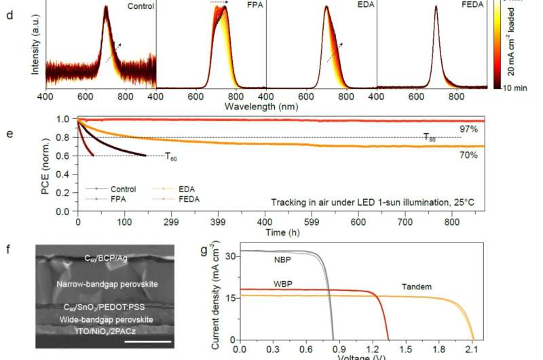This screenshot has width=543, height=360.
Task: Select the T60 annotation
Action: pyautogui.click(x=173, y=156)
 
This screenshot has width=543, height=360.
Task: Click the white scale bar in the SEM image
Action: pyautogui.click(x=145, y=342)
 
